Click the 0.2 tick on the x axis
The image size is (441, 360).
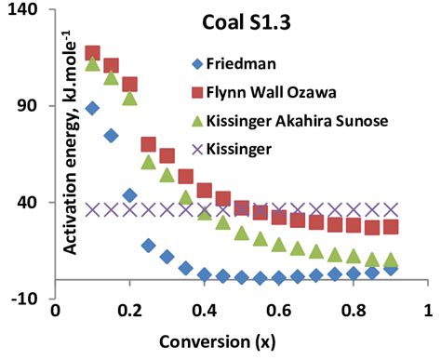point(129,309)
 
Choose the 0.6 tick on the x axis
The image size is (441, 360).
point(279,309)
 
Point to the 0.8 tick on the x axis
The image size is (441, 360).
point(354,309)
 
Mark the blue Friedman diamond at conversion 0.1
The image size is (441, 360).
point(92,109)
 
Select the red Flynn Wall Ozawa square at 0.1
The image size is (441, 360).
point(92,54)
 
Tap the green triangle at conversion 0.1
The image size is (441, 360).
point(92,64)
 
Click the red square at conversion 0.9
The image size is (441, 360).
point(392,227)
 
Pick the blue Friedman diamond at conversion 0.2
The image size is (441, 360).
point(129,195)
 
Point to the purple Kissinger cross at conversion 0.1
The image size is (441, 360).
point(92,209)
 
